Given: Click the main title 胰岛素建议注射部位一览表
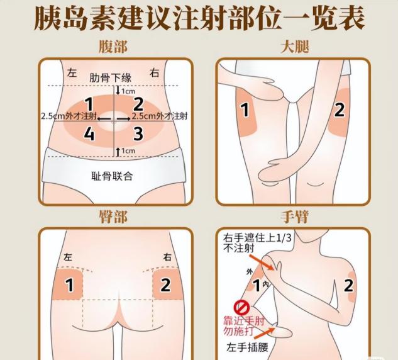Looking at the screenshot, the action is point(199,18).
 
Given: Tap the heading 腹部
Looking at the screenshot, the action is point(113,47).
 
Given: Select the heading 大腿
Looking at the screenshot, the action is point(295,47).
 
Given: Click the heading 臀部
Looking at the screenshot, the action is point(113,217).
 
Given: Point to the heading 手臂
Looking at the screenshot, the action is point(295,217).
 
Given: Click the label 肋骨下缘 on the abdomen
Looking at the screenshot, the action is point(111,78).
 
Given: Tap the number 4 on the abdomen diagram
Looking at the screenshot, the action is point(89,133).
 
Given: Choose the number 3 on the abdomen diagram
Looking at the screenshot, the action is point(138,133).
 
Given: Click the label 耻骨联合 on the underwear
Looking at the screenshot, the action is point(112,176).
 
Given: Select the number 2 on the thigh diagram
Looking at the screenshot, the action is point(340,110).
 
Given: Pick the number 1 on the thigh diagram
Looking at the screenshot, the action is point(245,110).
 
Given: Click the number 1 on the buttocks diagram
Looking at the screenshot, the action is point(69,285).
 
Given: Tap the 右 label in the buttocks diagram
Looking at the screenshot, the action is point(167,257).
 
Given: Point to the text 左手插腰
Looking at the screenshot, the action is point(248,347).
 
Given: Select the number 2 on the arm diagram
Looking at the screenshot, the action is point(348,285).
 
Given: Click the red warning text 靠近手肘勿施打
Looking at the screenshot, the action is point(244,326).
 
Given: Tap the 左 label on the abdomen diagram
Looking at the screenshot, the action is point(72,73).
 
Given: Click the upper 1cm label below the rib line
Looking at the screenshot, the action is point(128,91).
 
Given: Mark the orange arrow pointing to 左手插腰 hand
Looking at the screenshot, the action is point(264,333).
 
